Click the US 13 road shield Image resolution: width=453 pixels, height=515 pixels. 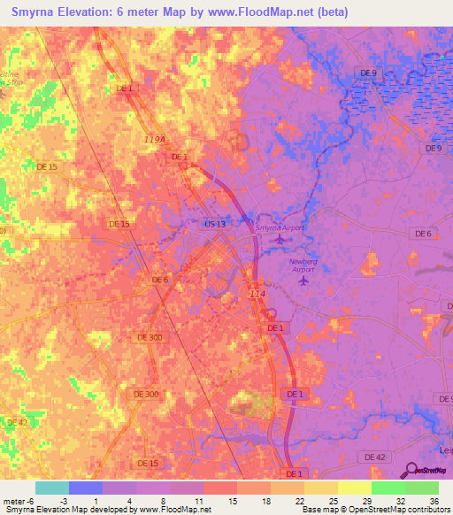point(215,225)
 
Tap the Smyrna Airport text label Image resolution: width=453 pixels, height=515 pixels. point(279,228)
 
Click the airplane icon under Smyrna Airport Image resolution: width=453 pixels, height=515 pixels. point(280,239)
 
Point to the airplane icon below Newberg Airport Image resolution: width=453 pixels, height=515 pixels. point(304,281)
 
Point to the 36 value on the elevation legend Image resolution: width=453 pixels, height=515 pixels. point(434,501)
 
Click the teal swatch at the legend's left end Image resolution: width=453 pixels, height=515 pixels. point(52,488)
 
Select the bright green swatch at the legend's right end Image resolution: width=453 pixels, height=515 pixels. point(421,488)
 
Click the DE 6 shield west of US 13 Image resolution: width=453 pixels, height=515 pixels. point(160,280)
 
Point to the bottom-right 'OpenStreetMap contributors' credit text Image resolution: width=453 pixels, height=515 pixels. point(399,510)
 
